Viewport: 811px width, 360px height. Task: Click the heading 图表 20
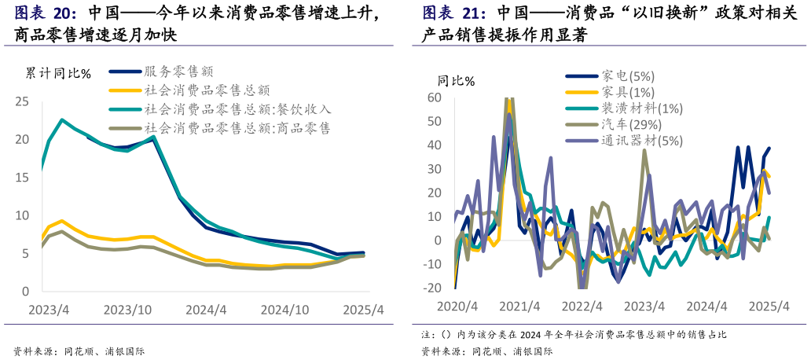click(x=46, y=13)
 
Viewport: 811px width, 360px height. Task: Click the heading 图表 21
click(x=454, y=13)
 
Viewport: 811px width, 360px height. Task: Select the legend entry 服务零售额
click(x=178, y=72)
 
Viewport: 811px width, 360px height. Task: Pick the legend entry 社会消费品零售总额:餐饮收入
click(x=237, y=109)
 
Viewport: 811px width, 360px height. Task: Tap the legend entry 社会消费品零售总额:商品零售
click(x=237, y=128)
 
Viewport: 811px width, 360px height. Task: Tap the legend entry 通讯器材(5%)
click(x=642, y=141)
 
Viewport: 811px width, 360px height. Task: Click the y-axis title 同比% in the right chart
click(x=456, y=81)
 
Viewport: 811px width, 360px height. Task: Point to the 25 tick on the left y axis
click(x=22, y=101)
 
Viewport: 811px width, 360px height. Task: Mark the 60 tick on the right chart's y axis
click(x=435, y=97)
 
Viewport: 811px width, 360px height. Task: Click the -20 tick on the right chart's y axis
click(x=432, y=288)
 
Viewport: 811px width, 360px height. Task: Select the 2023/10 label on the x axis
click(x=127, y=310)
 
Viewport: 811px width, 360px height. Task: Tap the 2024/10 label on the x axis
click(x=284, y=310)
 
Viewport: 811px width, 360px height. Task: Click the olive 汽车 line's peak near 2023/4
click(x=644, y=149)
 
